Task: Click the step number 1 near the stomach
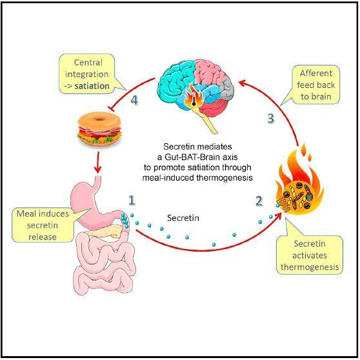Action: click(x=131, y=200)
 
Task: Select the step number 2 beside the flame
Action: click(x=259, y=201)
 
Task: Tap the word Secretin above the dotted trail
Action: click(x=183, y=218)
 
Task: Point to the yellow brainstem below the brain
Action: click(x=209, y=119)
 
